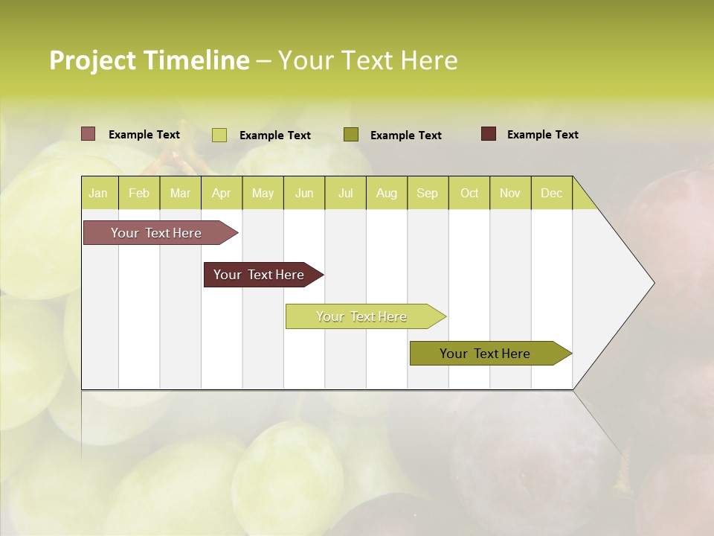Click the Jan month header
pyautogui.click(x=98, y=193)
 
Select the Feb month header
pyautogui.click(x=139, y=193)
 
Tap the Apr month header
pyautogui.click(x=221, y=193)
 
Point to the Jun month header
pyautogui.click(x=304, y=193)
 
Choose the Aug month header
pyautogui.click(x=386, y=193)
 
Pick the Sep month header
pyautogui.click(x=427, y=193)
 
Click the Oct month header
pyautogui.click(x=469, y=193)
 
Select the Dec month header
pyautogui.click(x=551, y=193)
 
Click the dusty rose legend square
pyautogui.click(x=89, y=134)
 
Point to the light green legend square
pyautogui.click(x=219, y=135)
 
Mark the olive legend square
pyautogui.click(x=351, y=134)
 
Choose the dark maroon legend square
pyautogui.click(x=489, y=134)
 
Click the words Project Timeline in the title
pyautogui.click(x=149, y=60)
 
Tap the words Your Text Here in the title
pyautogui.click(x=367, y=60)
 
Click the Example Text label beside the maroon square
pyautogui.click(x=542, y=135)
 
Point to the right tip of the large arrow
pyautogui.click(x=653, y=283)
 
